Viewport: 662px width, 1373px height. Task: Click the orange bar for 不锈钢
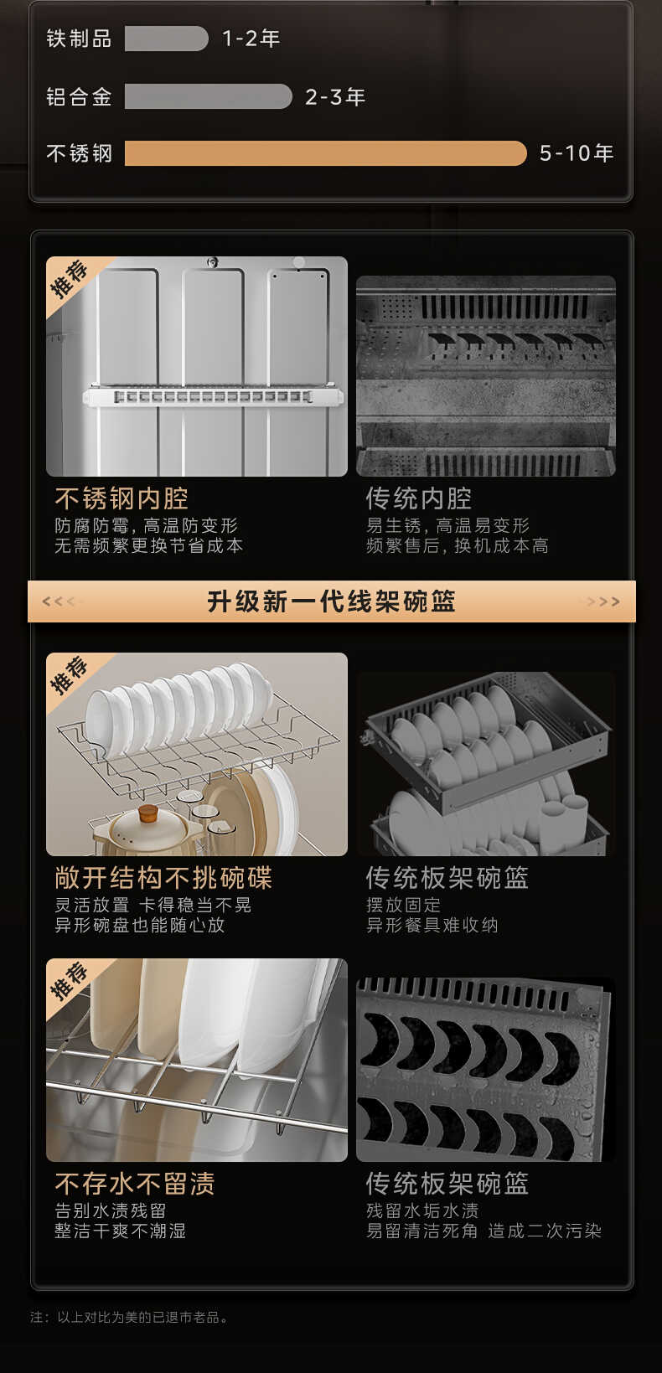click(325, 153)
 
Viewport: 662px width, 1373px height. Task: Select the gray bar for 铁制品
click(166, 39)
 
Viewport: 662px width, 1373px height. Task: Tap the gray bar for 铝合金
click(208, 96)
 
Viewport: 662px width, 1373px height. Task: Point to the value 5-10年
click(577, 153)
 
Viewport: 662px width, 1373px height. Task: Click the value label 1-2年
click(251, 39)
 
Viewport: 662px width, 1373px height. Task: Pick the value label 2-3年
click(335, 97)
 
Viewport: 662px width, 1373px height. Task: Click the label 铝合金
click(79, 97)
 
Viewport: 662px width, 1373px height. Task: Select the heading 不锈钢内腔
click(122, 498)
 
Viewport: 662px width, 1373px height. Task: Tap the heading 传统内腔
click(419, 498)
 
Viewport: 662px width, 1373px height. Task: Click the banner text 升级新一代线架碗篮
click(332, 601)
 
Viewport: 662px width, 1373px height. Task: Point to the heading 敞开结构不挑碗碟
click(163, 878)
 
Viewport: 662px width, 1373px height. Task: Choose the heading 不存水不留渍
click(135, 1184)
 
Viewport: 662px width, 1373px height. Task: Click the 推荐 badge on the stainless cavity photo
click(70, 279)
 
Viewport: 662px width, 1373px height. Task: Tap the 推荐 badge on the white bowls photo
click(70, 675)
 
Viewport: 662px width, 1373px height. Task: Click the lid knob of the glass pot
click(148, 813)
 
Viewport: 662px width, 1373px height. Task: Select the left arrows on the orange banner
click(59, 601)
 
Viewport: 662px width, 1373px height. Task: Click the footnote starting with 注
click(130, 1317)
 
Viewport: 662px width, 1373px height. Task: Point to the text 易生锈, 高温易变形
click(447, 526)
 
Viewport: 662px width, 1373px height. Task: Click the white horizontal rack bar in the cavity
click(213, 396)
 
